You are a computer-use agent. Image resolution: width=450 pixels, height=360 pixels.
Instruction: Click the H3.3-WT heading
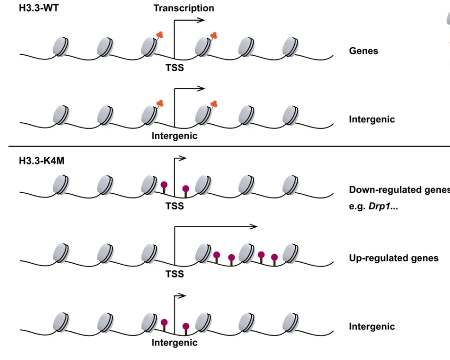tap(39, 8)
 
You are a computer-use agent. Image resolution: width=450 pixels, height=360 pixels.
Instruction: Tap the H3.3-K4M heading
tap(42, 161)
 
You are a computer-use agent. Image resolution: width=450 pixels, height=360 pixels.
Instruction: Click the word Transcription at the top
tap(184, 8)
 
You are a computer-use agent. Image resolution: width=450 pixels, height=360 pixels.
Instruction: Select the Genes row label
tap(363, 51)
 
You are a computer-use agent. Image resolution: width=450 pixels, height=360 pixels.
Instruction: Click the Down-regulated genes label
tap(399, 190)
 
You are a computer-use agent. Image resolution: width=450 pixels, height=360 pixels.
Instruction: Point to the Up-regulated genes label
tap(394, 258)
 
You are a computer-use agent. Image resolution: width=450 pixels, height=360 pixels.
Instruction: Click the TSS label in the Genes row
tap(175, 68)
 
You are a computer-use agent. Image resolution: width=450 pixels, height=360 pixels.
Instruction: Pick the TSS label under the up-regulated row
tap(175, 274)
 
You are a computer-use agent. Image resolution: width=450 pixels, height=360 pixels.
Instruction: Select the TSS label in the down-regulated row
tap(175, 206)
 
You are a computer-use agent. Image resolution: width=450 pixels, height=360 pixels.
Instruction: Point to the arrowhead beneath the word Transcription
tap(201, 20)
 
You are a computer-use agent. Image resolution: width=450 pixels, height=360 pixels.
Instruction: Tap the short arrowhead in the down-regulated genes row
tap(183, 158)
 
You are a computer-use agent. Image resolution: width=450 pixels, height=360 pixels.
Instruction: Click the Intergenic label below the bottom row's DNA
tap(175, 343)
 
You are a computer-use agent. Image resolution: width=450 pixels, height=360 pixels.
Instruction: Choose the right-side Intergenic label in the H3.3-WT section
tap(372, 120)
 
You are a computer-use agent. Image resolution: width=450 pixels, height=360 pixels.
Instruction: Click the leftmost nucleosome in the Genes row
tap(60, 46)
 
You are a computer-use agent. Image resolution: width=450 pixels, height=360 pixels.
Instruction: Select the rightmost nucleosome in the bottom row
tap(291, 322)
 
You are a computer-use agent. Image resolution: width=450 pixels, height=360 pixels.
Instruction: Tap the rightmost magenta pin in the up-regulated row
tap(274, 259)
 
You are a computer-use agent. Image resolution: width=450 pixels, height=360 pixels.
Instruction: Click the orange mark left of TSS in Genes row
tap(159, 35)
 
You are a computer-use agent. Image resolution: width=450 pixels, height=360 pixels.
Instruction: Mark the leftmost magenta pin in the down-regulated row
tap(164, 187)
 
